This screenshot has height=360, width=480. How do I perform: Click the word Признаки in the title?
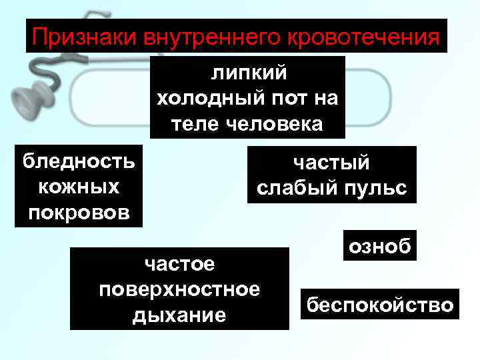(85, 37)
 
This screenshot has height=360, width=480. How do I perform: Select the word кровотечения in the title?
(362, 37)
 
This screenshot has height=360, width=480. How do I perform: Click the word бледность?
(78, 161)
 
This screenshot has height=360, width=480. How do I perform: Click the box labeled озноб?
(380, 246)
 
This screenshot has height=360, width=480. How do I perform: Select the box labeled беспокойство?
(379, 305)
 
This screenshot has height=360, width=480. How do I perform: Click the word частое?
(179, 264)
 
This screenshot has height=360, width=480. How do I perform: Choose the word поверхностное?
(179, 289)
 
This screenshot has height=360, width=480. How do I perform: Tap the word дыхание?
(179, 315)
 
